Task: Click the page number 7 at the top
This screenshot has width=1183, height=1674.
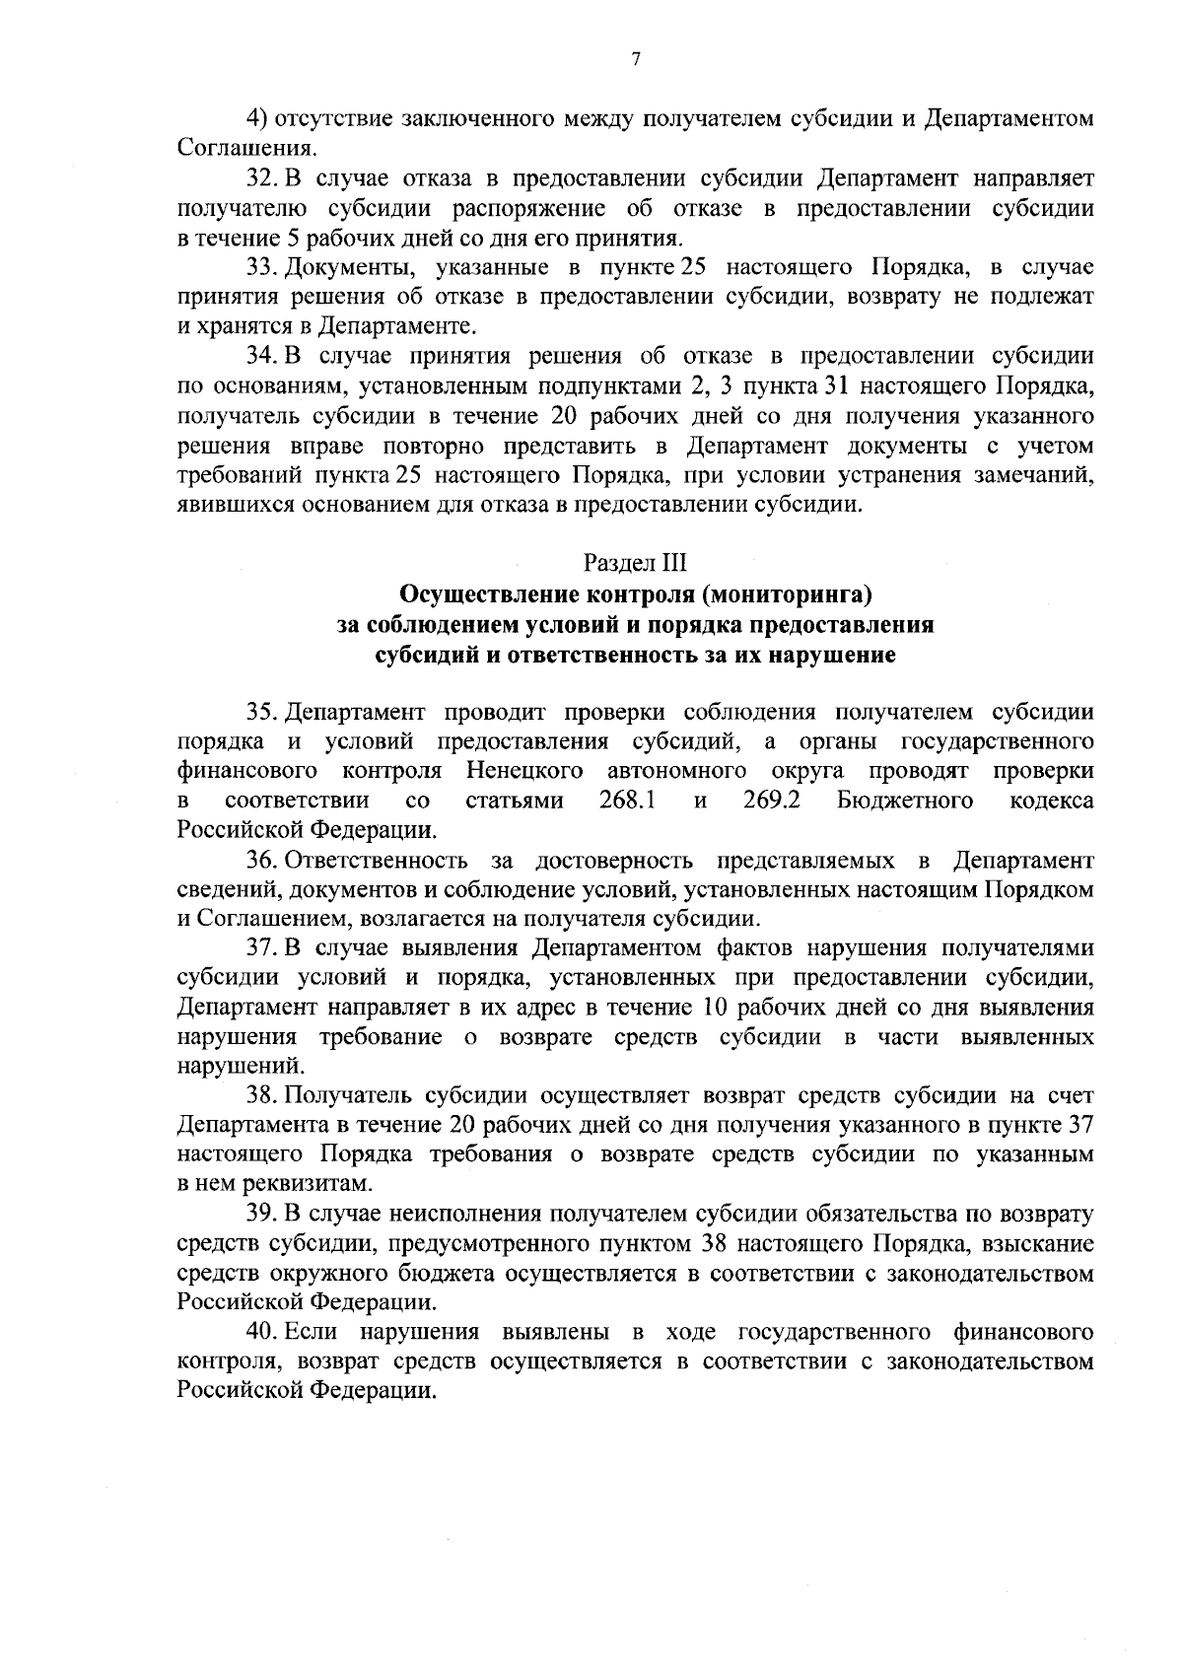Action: click(636, 61)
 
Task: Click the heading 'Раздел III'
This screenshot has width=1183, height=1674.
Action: click(635, 564)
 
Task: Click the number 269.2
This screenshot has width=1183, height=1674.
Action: click(770, 801)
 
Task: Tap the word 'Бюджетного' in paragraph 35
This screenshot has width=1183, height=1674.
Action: click(905, 801)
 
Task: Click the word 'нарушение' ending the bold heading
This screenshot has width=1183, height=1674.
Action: click(841, 656)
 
